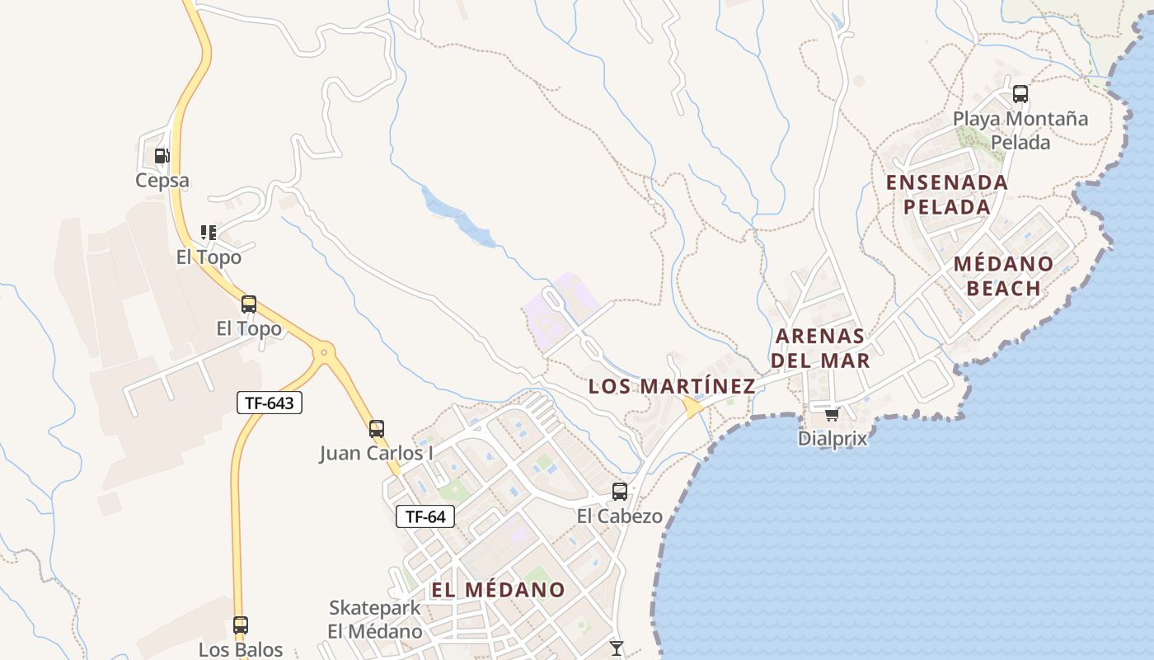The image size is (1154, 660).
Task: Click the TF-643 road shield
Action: pos(270,403)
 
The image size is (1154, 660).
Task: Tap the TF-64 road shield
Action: pos(425,517)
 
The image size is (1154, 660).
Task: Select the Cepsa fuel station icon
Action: pos(162,156)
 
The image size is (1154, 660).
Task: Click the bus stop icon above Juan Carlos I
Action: pos(377,429)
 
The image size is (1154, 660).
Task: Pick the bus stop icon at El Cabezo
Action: pos(620,492)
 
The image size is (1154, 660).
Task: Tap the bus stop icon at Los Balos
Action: pos(241,625)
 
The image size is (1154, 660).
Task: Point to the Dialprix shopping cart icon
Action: pos(833,414)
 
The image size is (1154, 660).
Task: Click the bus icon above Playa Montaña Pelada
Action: pos(1020,94)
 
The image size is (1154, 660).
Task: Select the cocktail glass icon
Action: pos(617,648)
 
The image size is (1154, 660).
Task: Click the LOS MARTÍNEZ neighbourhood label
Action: pos(672,386)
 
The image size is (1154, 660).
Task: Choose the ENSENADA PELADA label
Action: pos(947,194)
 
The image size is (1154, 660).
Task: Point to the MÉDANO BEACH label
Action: pos(1003,276)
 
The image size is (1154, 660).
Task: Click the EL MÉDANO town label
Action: pos(498,590)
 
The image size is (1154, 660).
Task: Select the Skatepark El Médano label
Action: pos(375,620)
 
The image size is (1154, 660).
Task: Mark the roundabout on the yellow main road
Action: pos(324,352)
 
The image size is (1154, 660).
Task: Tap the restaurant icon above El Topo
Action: pos(209,233)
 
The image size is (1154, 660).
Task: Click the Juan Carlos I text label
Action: pos(377,453)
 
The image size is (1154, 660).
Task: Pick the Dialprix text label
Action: pos(833,438)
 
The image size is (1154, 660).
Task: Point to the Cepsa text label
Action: pos(162,181)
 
